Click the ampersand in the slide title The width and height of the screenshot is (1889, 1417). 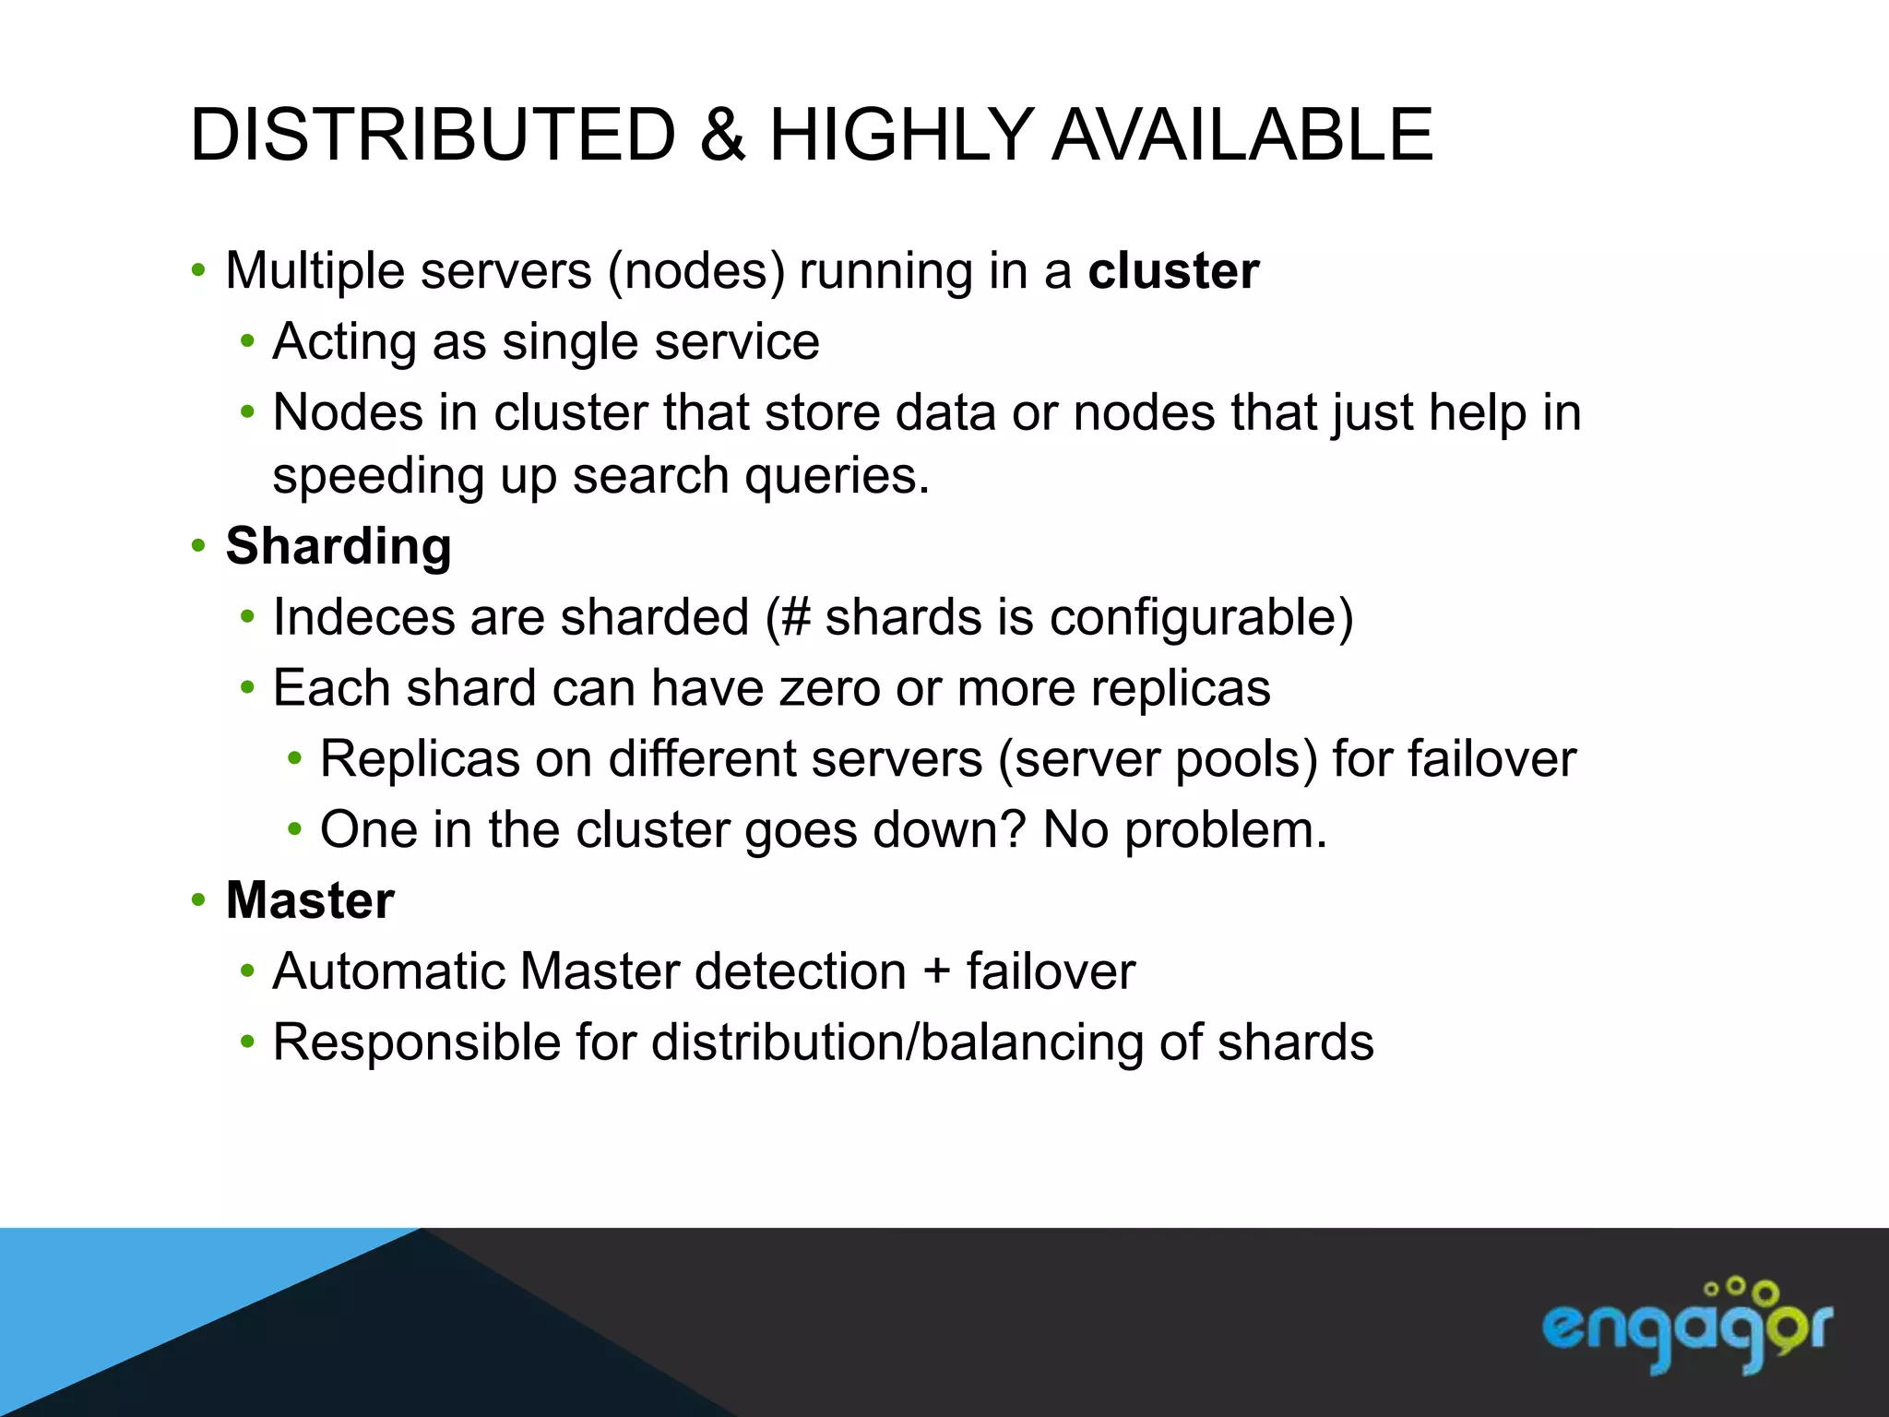click(722, 136)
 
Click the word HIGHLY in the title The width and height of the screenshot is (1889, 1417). click(900, 136)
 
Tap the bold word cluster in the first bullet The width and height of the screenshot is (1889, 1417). click(1173, 271)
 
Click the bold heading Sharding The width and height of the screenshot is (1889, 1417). click(339, 546)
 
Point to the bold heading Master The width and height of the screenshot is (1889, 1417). click(310, 900)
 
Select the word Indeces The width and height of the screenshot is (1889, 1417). click(363, 617)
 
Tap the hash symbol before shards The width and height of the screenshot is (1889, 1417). click(795, 617)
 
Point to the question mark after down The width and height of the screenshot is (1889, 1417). click(1013, 829)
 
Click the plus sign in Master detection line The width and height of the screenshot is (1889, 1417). click(936, 972)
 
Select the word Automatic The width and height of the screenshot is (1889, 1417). click(388, 971)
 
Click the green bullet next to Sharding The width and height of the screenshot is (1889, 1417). click(197, 546)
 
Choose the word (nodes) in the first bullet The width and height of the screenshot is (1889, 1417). click(696, 272)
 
